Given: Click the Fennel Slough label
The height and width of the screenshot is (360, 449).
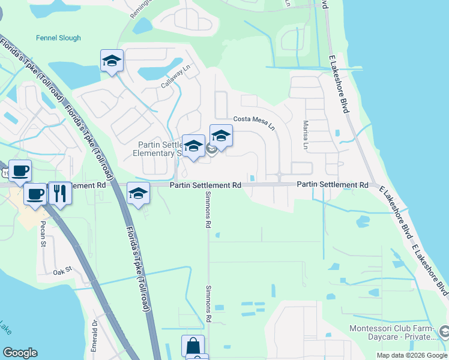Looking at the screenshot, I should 58,38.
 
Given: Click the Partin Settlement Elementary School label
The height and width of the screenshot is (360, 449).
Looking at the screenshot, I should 159,149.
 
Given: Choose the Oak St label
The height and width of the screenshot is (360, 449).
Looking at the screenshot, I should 62,271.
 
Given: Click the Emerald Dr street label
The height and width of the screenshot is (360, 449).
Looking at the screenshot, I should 95,331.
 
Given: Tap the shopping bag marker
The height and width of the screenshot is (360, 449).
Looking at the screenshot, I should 193,346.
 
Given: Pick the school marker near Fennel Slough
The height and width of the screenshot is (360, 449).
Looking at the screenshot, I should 112,61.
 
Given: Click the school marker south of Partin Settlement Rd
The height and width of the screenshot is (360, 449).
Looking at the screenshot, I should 139,194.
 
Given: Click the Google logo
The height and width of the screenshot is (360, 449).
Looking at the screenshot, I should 20,353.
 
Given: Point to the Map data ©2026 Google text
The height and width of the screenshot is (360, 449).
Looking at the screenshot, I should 412,355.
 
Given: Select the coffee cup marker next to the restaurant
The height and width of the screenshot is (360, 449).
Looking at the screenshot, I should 36,194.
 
